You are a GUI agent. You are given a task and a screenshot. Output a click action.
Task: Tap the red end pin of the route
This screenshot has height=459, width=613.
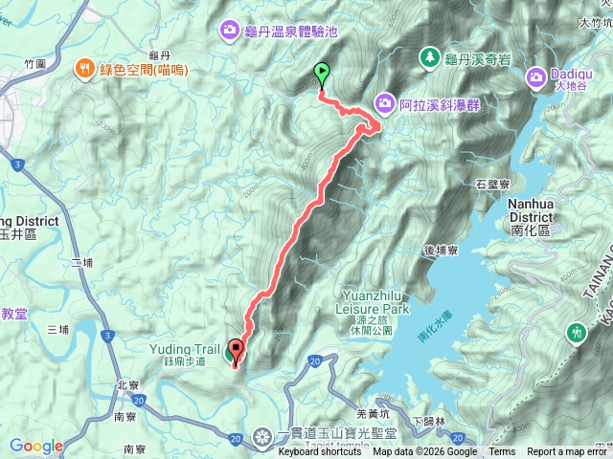click(x=235, y=350)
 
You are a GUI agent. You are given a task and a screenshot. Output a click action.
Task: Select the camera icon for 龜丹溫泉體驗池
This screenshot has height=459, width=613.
click(x=230, y=31)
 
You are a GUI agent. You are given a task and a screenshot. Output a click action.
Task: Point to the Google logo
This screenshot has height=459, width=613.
click(x=36, y=446)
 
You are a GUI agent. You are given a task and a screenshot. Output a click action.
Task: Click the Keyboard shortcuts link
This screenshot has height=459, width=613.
click(x=320, y=452)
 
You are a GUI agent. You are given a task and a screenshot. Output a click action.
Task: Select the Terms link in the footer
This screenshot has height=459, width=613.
click(x=502, y=452)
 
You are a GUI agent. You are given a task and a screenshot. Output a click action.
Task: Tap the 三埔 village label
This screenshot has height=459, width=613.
click(x=58, y=329)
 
